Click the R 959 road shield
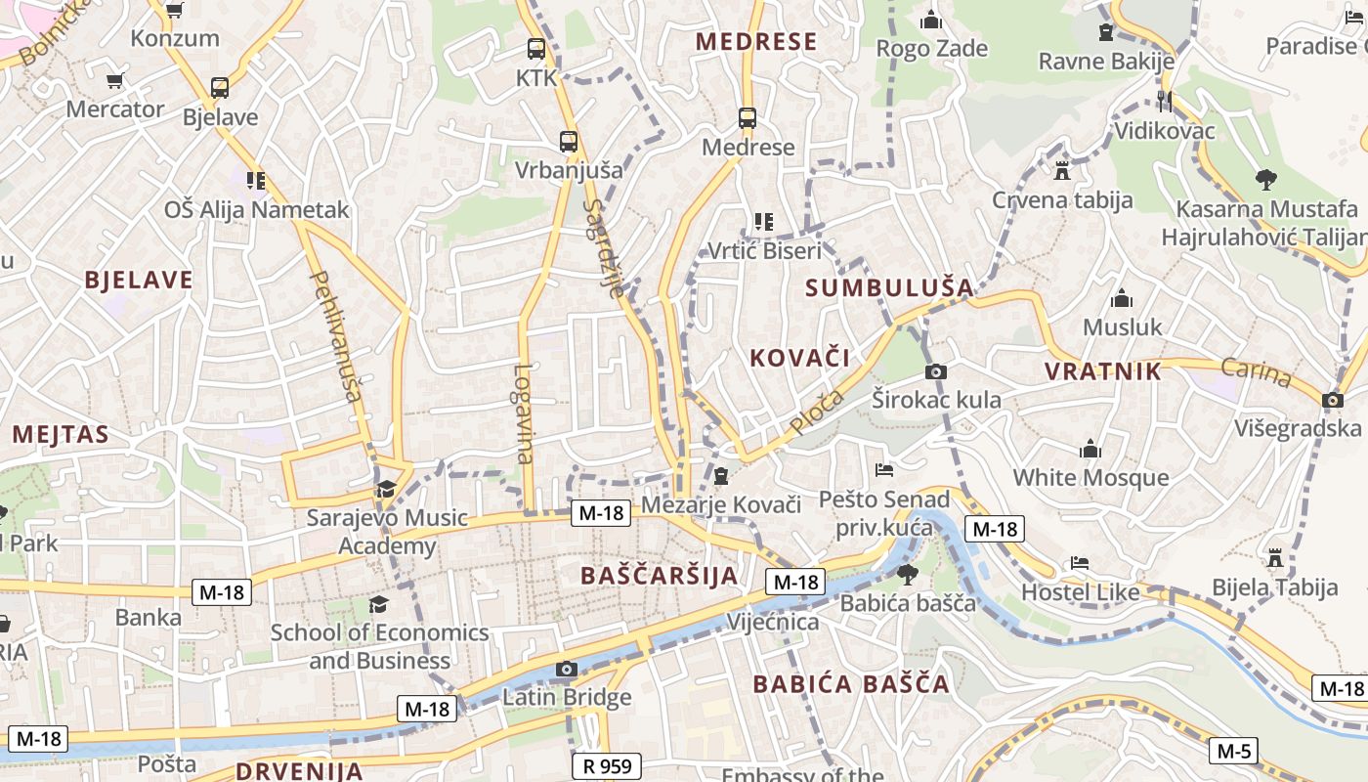(607, 766)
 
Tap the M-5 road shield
(1233, 751)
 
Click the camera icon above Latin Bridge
(566, 670)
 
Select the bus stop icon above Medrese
(748, 118)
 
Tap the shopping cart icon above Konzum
(175, 10)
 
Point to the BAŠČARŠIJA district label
(660, 575)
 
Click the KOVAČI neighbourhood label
(799, 358)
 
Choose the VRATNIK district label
(1103, 371)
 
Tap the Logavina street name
(524, 413)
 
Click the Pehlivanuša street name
(335, 336)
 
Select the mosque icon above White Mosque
(1090, 450)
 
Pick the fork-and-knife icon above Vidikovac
(1164, 102)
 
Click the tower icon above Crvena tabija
(1062, 171)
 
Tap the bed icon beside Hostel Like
(1080, 563)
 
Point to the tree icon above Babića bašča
(908, 574)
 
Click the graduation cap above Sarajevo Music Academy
(387, 489)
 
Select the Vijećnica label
(772, 623)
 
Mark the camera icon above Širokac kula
(936, 371)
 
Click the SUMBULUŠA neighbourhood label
(889, 287)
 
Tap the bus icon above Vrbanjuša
(569, 141)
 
